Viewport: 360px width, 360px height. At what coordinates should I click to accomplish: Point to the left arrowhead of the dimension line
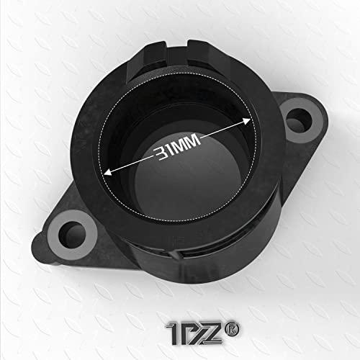click(x=107, y=171)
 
